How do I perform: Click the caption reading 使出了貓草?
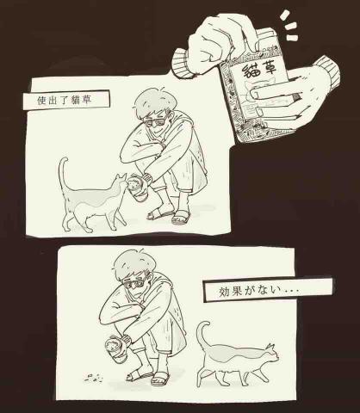click(65, 100)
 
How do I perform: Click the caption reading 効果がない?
click(258, 291)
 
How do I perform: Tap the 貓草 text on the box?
click(260, 71)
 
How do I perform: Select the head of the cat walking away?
click(271, 354)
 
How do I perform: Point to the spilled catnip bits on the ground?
click(94, 379)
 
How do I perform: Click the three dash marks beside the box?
click(289, 26)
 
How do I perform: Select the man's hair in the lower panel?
click(133, 263)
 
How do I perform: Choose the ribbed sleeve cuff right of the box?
click(327, 71)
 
